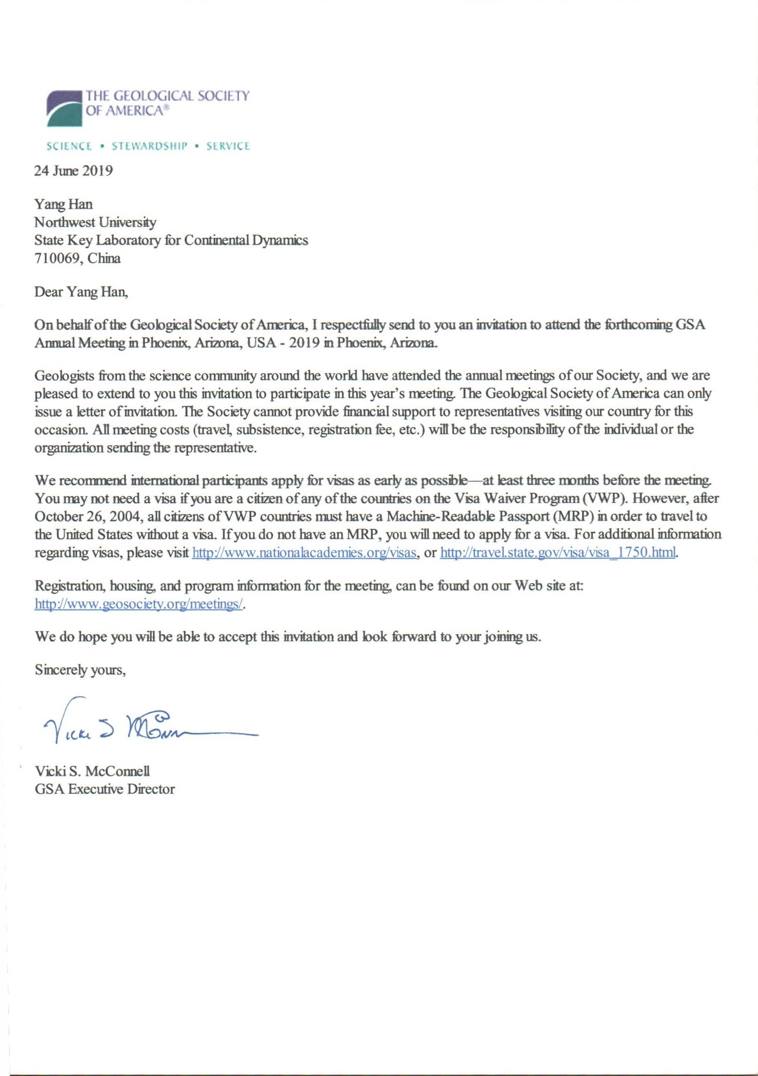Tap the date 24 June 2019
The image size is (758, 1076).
tap(74, 171)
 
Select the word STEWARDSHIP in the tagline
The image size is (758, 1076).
tap(149, 146)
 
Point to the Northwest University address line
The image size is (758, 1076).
tap(95, 222)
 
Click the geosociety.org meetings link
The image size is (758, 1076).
tap(139, 604)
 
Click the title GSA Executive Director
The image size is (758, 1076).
tap(105, 789)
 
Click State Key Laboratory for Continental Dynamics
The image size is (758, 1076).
tap(171, 240)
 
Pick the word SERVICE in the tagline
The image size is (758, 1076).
tap(228, 146)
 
